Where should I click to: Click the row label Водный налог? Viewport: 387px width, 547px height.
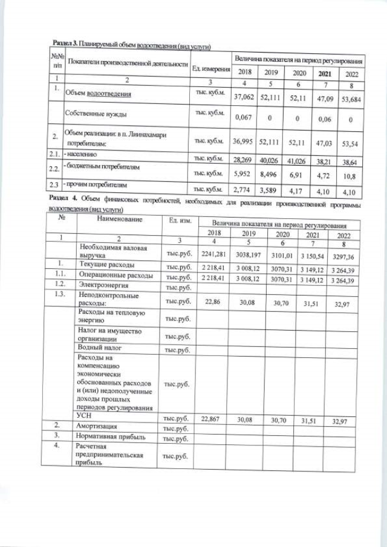pos(100,348)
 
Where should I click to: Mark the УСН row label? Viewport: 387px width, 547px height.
pos(86,416)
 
